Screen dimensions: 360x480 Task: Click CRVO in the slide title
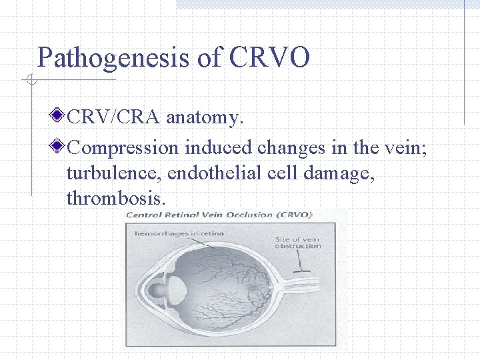(x=269, y=59)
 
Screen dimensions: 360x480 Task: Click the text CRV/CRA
(x=114, y=118)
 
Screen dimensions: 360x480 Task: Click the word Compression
(x=123, y=147)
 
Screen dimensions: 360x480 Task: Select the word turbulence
(x=113, y=173)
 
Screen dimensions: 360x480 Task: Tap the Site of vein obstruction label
(x=297, y=242)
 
